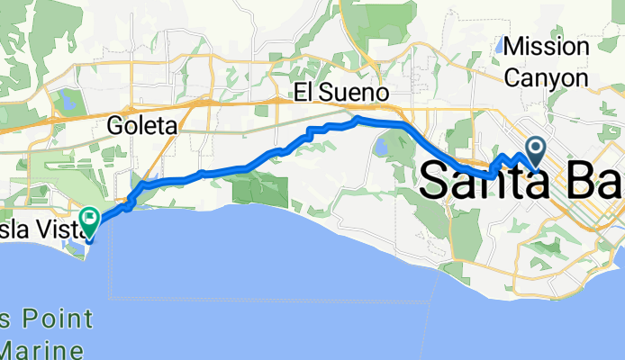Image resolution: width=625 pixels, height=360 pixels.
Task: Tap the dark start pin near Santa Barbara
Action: (x=537, y=148)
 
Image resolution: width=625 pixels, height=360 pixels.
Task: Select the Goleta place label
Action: (x=141, y=126)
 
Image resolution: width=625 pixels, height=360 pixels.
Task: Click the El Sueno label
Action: (x=341, y=93)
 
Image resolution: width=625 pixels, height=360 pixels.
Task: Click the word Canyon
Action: (x=547, y=78)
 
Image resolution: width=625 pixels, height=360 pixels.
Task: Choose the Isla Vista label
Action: (x=35, y=229)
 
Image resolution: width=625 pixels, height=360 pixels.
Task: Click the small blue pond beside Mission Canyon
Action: (x=500, y=45)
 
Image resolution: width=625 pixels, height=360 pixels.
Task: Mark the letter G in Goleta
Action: (x=115, y=126)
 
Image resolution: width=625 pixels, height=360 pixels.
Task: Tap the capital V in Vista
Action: (x=37, y=229)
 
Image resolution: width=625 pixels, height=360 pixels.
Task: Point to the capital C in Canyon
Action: (x=514, y=78)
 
